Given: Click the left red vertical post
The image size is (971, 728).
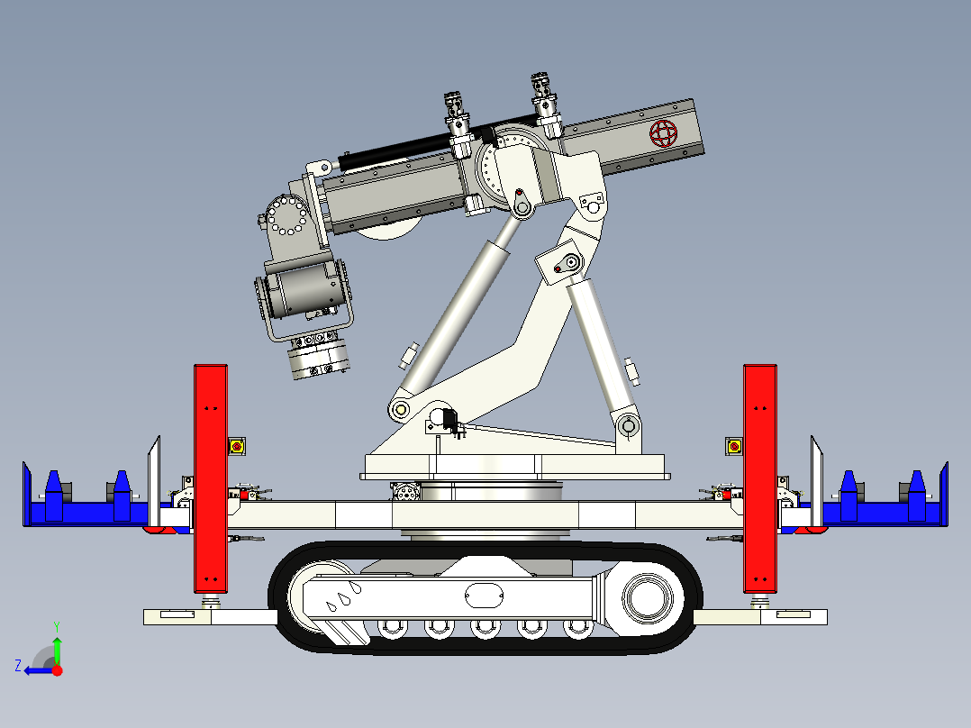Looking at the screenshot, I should click(211, 478).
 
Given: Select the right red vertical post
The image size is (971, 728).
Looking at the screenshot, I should click(759, 478).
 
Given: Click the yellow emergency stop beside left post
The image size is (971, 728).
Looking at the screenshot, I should click(238, 445).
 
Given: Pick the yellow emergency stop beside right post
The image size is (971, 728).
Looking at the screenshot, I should click(734, 445).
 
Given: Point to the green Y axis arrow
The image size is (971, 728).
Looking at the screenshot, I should click(57, 646).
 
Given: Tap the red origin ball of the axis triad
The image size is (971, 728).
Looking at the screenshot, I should click(57, 669).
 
